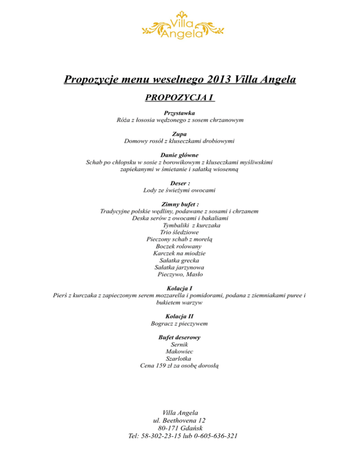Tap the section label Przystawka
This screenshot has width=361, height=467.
point(180,113)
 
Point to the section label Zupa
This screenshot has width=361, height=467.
point(180,134)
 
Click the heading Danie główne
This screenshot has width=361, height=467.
point(180,155)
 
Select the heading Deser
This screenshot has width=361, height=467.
point(180,183)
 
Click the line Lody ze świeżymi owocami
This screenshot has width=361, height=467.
point(180,190)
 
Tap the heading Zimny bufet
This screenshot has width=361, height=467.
point(180,204)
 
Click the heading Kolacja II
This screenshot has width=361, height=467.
point(180,316)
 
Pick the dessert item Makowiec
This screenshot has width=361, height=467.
point(179,351)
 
